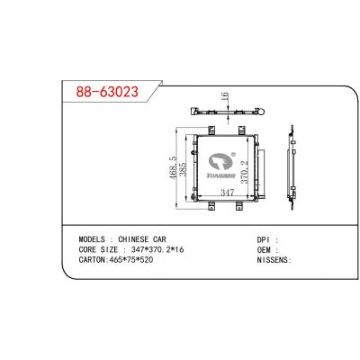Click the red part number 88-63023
pos(107,92)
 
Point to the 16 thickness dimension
pos(225,96)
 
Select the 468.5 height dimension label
pos(173,167)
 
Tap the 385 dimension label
pos(183,169)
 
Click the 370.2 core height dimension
pos(245,172)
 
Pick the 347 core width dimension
pos(227,193)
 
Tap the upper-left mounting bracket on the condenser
pos(211,130)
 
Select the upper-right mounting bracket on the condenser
pos(242,130)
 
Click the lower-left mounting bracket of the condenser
pos(211,206)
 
